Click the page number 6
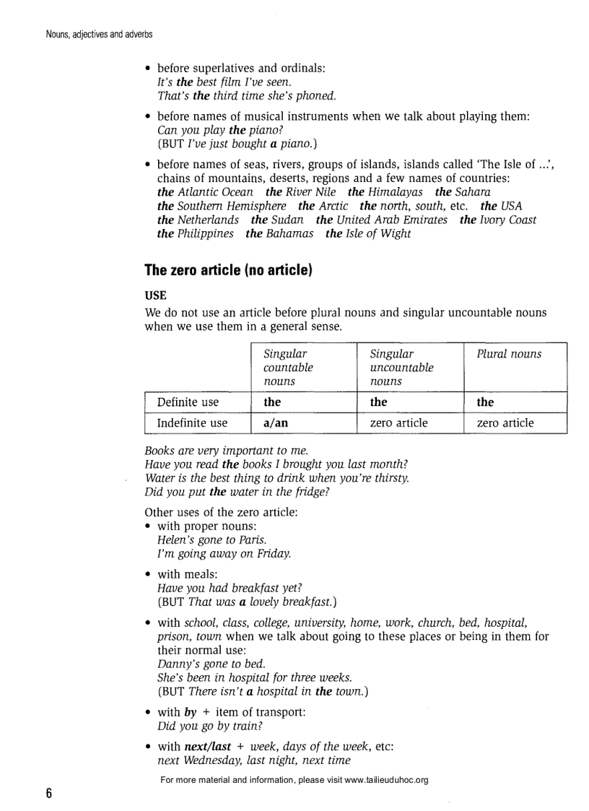coord(48,794)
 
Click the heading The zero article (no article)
coord(228,271)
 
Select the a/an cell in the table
coord(276,423)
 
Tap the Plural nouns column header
coord(508,354)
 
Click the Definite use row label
coord(188,402)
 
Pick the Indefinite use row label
coord(192,423)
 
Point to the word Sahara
coord(473,192)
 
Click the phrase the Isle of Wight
coord(367,234)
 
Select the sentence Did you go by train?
coord(209,726)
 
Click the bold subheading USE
coord(155,296)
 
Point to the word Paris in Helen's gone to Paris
coord(253,540)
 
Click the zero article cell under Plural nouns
coord(505,423)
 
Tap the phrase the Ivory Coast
coord(497,220)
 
